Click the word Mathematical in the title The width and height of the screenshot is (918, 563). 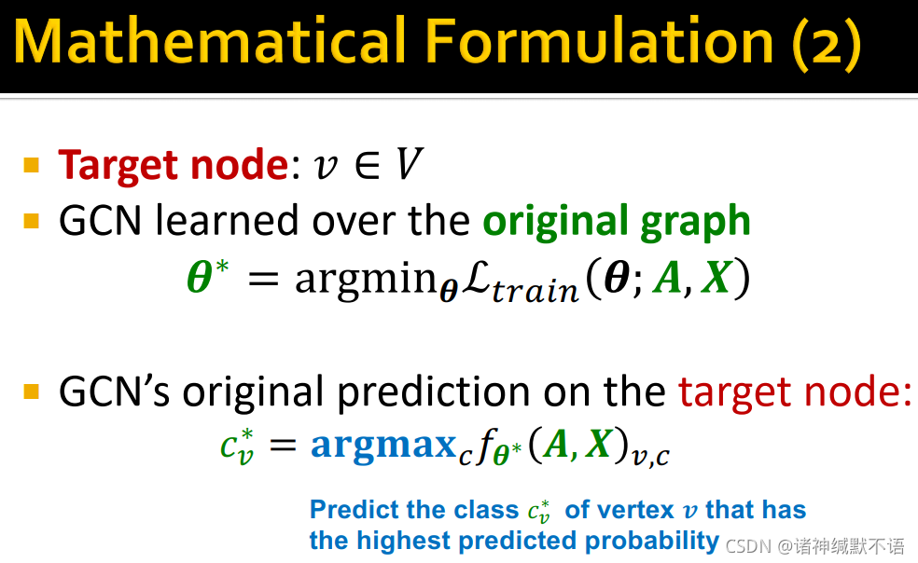click(x=210, y=40)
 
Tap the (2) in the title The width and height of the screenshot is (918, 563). click(x=827, y=43)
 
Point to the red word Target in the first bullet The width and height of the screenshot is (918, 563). click(x=119, y=166)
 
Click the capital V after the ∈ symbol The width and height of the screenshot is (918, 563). click(x=410, y=164)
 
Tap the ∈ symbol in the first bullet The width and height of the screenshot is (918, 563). click(x=368, y=166)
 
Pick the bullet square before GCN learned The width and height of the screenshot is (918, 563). click(x=32, y=221)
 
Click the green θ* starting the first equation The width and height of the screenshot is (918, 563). click(x=208, y=275)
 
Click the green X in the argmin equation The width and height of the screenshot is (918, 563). click(x=716, y=276)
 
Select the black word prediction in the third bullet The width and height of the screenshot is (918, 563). click(x=433, y=392)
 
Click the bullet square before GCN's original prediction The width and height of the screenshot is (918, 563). click(x=32, y=391)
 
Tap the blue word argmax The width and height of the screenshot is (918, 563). click(x=383, y=444)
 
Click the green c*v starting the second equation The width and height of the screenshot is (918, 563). click(x=237, y=446)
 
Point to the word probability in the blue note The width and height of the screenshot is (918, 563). click(x=651, y=541)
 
